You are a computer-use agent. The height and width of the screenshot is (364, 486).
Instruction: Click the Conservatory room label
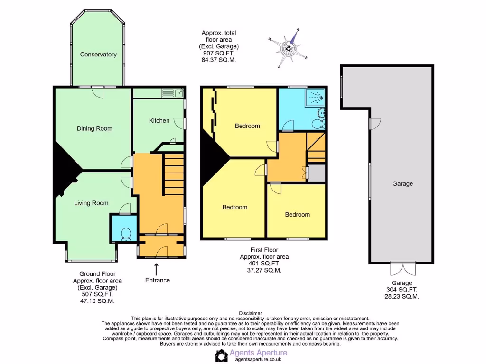tap(98, 55)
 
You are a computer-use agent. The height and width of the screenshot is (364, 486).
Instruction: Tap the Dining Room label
tap(94, 128)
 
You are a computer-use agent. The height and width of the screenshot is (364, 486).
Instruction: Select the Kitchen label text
tap(159, 120)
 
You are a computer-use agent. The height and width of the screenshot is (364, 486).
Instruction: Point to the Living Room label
tap(91, 203)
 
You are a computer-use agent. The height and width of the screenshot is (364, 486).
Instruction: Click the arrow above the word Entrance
tap(157, 267)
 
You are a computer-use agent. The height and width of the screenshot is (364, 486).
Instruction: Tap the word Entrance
tap(157, 280)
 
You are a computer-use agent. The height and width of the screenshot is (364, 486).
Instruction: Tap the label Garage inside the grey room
tap(402, 184)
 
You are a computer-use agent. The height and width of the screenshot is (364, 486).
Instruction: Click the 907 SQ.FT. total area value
tap(218, 54)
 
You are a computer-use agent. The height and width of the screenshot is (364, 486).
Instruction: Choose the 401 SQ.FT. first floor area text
tap(264, 264)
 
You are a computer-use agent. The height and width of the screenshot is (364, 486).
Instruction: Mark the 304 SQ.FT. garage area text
tap(402, 290)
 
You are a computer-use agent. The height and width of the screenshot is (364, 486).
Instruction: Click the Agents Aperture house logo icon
tap(221, 355)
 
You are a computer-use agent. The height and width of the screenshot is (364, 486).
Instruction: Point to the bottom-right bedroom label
tap(297, 215)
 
